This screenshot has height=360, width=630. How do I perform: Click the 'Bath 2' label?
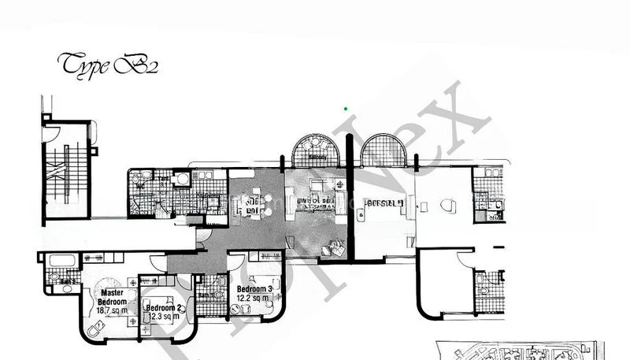point(69,280)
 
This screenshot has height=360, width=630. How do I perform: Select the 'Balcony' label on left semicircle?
point(318,157)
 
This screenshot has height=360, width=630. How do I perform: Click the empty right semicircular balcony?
point(383,152)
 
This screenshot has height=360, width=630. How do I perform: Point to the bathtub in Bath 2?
point(57,261)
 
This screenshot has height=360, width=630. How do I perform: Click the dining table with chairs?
point(253,204)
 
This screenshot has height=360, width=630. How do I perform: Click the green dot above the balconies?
point(346,109)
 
